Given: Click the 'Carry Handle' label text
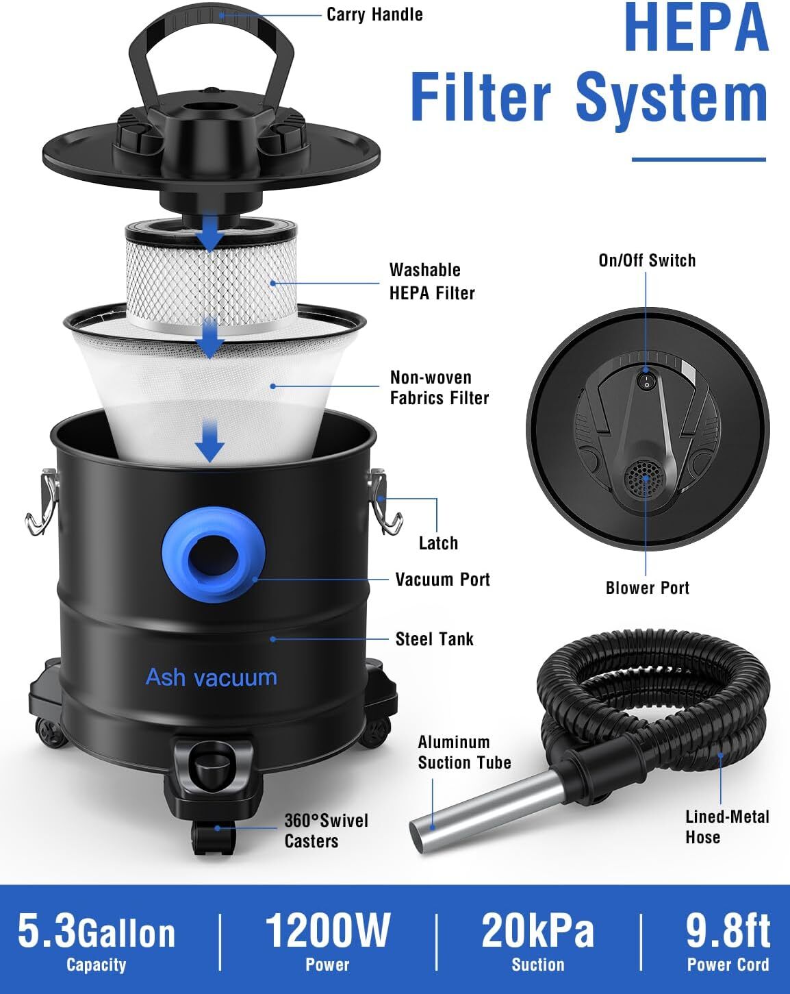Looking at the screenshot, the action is (x=374, y=14).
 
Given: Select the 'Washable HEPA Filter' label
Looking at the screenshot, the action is (x=432, y=282).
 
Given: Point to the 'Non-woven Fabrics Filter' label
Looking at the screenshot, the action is (x=439, y=388).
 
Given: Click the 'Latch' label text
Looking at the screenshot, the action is (x=438, y=543).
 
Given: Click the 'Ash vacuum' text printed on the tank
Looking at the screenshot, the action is (x=212, y=678).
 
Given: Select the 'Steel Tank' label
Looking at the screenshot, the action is (x=435, y=639).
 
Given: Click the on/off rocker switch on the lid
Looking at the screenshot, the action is (x=646, y=382).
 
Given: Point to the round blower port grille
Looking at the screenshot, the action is (x=646, y=479).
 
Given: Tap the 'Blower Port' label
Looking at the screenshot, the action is (x=648, y=588).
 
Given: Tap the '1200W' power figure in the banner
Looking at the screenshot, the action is (x=328, y=930).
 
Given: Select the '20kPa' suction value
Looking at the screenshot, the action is (x=537, y=930).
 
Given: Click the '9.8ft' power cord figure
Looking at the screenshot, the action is (x=728, y=930).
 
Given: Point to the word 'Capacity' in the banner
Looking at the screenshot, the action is (x=96, y=965).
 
